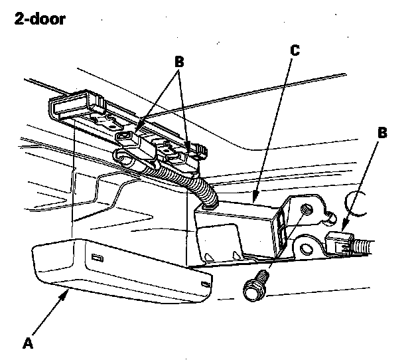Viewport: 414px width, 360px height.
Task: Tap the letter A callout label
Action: tap(27, 343)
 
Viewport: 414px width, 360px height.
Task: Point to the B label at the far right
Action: tap(382, 133)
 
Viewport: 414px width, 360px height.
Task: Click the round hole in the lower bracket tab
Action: tap(306, 249)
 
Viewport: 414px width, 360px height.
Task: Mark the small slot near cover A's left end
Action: tap(97, 257)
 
